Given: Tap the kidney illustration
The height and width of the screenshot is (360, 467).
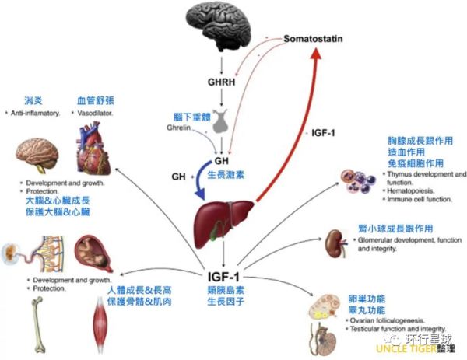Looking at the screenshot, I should click(336, 239).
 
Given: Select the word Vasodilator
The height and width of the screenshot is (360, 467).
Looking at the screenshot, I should click(97, 113).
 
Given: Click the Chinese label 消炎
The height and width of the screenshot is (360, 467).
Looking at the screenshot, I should click(34, 100).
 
